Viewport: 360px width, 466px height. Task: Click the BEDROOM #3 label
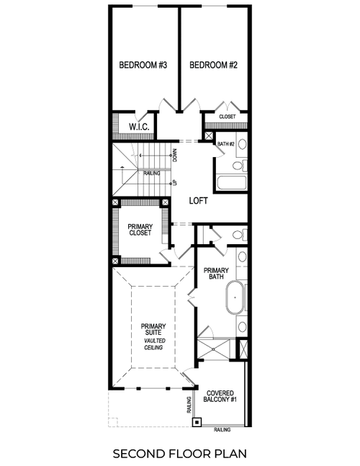(x=143, y=66)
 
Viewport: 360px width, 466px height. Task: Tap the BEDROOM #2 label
(x=214, y=66)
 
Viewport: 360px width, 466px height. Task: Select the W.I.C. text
(x=138, y=127)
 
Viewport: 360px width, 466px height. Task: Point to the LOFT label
(x=198, y=201)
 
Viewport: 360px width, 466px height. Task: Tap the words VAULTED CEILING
(x=153, y=344)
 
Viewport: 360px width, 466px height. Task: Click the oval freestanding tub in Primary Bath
(x=235, y=298)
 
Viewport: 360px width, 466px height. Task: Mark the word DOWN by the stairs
(x=175, y=155)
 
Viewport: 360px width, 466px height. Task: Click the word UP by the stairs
(x=175, y=183)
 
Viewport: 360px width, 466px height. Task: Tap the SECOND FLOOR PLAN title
(x=179, y=454)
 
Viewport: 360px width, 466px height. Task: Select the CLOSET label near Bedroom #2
(x=228, y=117)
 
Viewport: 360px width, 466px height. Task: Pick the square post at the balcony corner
(x=197, y=422)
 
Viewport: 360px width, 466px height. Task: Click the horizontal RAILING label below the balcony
(x=222, y=429)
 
